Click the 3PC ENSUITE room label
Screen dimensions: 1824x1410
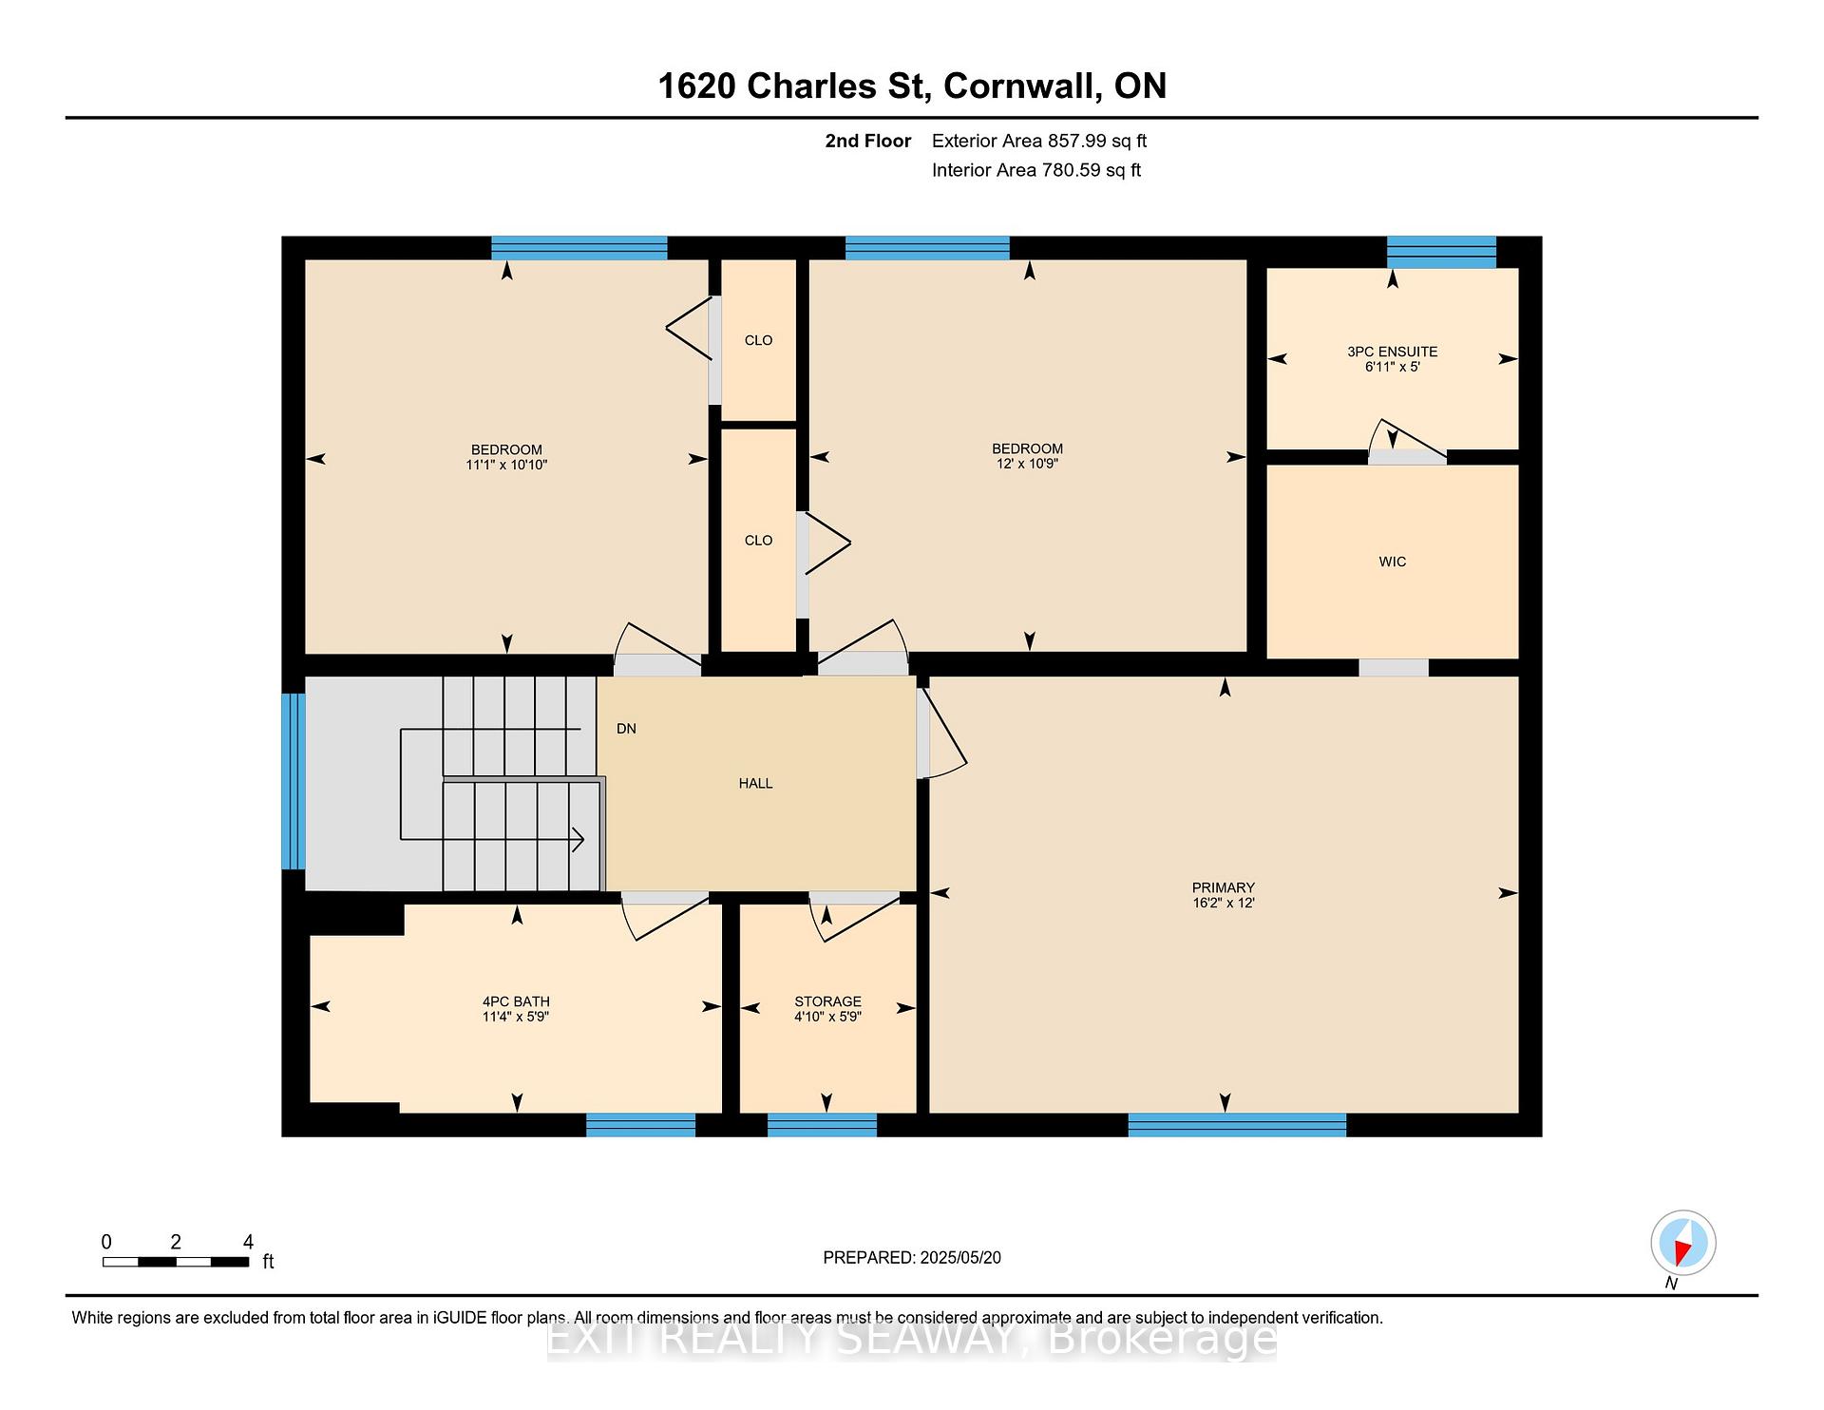[1392, 352]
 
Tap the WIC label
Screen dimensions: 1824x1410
[1393, 562]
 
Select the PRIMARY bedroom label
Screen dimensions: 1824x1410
[1224, 887]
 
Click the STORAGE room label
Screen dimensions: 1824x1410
[827, 1001]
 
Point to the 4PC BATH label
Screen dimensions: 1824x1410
[516, 1001]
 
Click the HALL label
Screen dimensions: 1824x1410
[755, 783]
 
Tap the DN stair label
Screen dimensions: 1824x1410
[626, 729]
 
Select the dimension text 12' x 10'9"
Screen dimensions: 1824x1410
[1027, 464]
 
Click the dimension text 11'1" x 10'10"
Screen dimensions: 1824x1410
[506, 465]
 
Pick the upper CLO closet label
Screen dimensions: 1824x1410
[758, 340]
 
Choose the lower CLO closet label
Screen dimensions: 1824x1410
[758, 540]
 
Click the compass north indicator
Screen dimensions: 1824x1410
[1682, 1244]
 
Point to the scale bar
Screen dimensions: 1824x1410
[176, 1262]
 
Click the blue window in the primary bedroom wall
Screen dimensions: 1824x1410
[1237, 1125]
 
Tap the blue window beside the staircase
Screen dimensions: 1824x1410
[294, 781]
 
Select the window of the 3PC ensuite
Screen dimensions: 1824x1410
[1441, 252]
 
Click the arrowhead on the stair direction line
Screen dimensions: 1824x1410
[578, 840]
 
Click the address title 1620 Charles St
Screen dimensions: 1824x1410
[791, 86]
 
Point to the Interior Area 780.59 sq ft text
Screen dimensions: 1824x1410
[1036, 170]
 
